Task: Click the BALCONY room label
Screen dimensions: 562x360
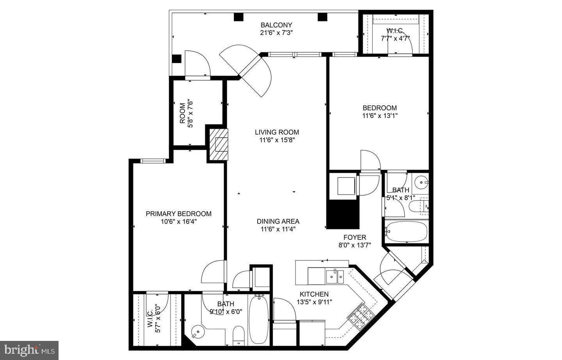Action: [276, 25]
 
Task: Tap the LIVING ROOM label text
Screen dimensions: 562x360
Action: [277, 132]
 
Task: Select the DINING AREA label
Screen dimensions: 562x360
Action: [278, 222]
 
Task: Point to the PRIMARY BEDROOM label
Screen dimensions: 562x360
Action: [179, 214]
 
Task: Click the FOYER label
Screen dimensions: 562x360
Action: [355, 238]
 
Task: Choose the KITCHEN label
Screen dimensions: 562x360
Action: [314, 294]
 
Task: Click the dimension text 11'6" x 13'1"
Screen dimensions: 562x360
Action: [380, 116]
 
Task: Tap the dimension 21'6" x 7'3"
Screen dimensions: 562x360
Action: [276, 33]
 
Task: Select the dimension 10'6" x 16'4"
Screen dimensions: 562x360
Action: [179, 222]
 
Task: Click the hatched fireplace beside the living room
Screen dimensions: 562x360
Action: [219, 145]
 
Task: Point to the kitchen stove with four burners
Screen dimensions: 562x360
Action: [361, 316]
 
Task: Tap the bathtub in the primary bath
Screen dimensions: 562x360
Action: [258, 320]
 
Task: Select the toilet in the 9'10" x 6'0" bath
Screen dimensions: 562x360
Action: [238, 336]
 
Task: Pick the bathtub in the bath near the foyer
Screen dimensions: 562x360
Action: [406, 231]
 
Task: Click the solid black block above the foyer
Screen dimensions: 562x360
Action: [343, 215]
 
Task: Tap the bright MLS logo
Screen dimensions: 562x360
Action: [29, 350]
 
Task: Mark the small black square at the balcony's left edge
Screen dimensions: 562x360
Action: [177, 59]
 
